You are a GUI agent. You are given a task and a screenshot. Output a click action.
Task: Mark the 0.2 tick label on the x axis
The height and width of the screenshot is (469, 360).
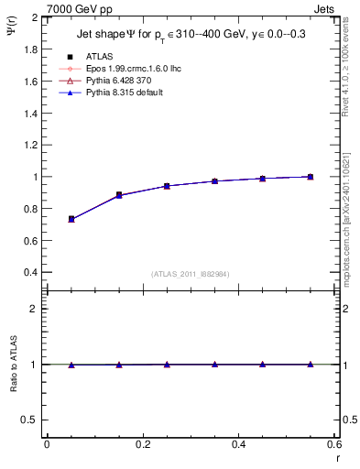pyautogui.click(x=143, y=444)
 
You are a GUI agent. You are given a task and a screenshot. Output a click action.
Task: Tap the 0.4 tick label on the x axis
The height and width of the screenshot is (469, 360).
pyautogui.click(x=239, y=444)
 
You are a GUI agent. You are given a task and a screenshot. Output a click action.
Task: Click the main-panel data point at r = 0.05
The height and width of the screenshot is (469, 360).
pyautogui.click(x=71, y=219)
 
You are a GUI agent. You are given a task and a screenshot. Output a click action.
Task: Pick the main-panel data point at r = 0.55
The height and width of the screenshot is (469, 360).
pyautogui.click(x=311, y=177)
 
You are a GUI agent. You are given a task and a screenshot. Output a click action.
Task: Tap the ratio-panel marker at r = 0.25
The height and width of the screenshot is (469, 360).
pyautogui.click(x=167, y=365)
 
